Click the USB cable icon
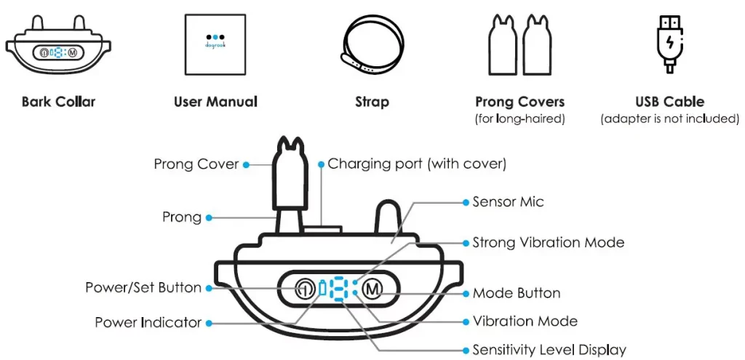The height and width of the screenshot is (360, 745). pos(669,45)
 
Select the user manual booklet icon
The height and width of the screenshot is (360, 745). pos(215,45)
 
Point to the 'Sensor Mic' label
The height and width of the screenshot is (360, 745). pos(508,201)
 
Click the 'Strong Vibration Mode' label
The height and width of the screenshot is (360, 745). pos(548,242)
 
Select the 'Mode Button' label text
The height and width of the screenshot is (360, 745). pos(516,294)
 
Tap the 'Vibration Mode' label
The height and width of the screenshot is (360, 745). pos(525,321)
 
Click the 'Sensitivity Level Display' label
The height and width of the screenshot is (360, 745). pos(549,350)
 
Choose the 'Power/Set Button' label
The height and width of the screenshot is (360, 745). pos(143,288)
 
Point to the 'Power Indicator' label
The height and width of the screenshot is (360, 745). pos(148,322)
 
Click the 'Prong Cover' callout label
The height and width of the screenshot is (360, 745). pos(196,164)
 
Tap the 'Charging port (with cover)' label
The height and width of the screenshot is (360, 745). pos(417,164)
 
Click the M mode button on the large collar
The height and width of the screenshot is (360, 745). pos(372,289)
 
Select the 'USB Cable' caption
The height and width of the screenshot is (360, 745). pos(669,102)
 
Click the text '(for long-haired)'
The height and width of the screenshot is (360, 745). pos(519,119)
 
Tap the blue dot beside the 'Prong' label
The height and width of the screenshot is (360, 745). pos(209,217)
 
